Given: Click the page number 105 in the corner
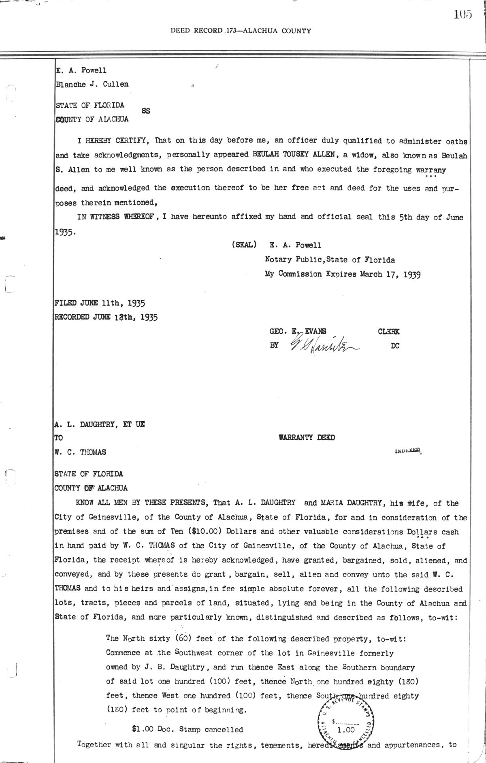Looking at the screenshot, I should (463, 15).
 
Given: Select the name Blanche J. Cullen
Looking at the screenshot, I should (92, 84).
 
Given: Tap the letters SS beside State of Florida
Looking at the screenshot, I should (146, 111).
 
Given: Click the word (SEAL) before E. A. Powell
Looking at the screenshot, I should (244, 245).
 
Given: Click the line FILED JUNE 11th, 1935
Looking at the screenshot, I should (100, 303).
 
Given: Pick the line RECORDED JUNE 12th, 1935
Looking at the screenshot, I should (106, 317).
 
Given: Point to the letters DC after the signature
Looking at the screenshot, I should (395, 346).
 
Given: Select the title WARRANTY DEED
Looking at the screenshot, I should (307, 437).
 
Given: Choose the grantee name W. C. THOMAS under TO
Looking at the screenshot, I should (81, 452).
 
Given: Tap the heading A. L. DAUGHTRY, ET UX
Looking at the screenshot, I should (100, 424).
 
